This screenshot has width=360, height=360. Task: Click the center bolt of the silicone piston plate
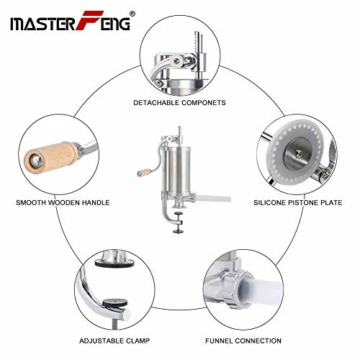coord(297,152)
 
